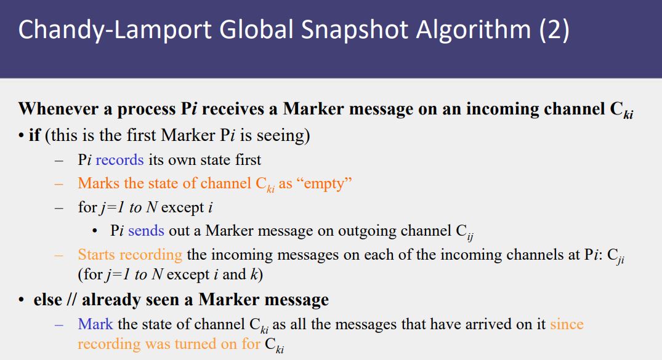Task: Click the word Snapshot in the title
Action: [355, 30]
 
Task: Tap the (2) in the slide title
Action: [554, 30]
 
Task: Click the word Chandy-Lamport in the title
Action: [115, 30]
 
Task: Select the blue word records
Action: [119, 160]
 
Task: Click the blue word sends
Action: [146, 231]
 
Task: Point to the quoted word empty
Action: [325, 184]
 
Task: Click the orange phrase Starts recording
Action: [130, 255]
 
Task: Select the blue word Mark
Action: [95, 324]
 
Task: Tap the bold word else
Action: [47, 300]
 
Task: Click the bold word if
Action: [34, 135]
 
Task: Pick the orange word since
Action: [567, 324]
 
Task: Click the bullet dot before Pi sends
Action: [95, 231]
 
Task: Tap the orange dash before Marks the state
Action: [59, 184]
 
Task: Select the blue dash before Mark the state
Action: [59, 324]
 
